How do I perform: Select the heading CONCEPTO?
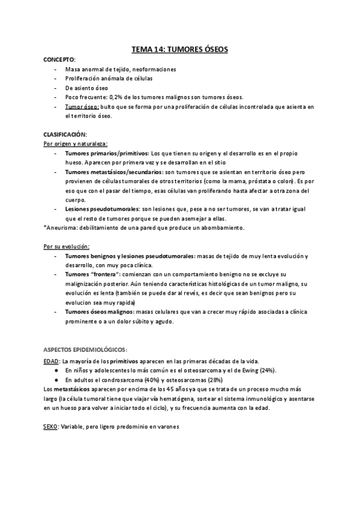[x=59, y=60]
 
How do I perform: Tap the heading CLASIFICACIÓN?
[x=65, y=134]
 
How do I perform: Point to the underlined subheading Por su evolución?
[x=67, y=246]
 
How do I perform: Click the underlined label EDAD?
[x=51, y=361]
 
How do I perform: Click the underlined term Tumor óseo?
[x=82, y=106]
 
